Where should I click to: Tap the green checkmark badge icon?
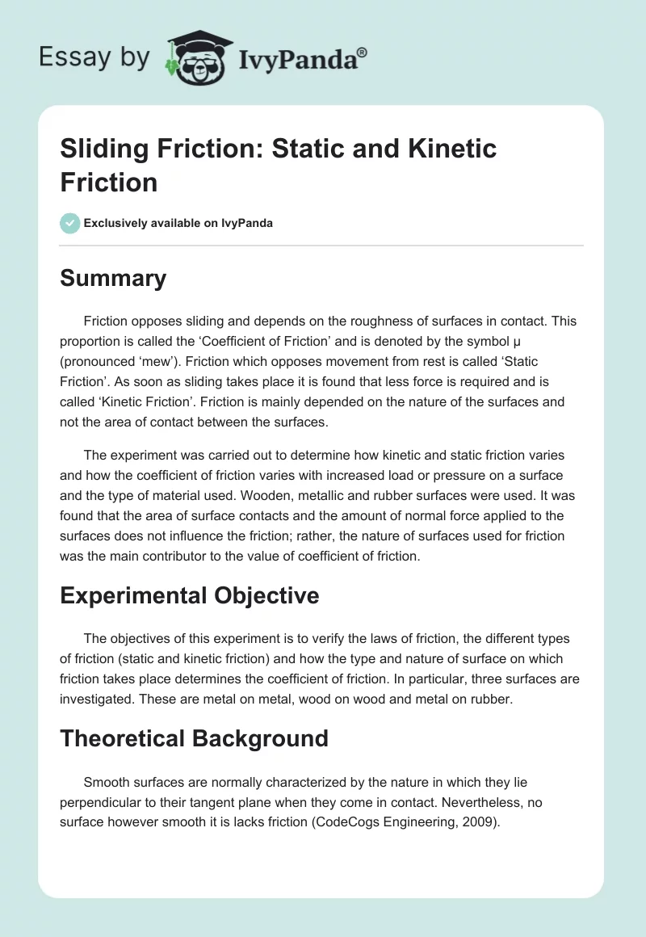click(x=70, y=223)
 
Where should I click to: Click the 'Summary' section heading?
click(x=113, y=278)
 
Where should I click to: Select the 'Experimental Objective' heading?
click(x=190, y=595)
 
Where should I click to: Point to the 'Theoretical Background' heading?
click(x=194, y=737)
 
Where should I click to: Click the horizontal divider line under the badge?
click(x=322, y=245)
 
